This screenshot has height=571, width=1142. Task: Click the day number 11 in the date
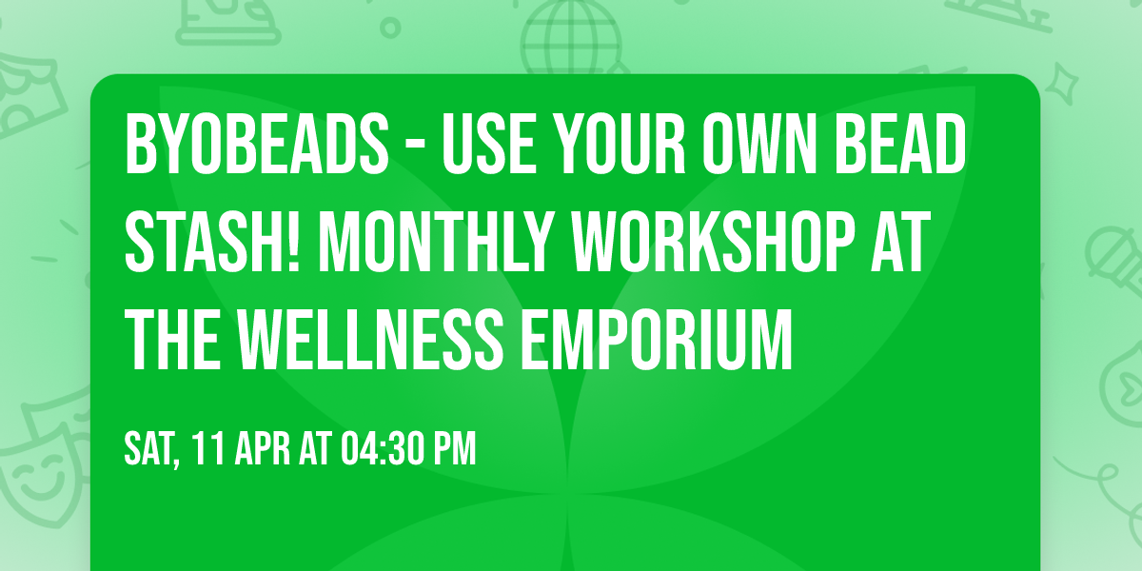coord(207,449)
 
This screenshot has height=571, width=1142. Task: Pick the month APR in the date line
coord(263,449)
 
